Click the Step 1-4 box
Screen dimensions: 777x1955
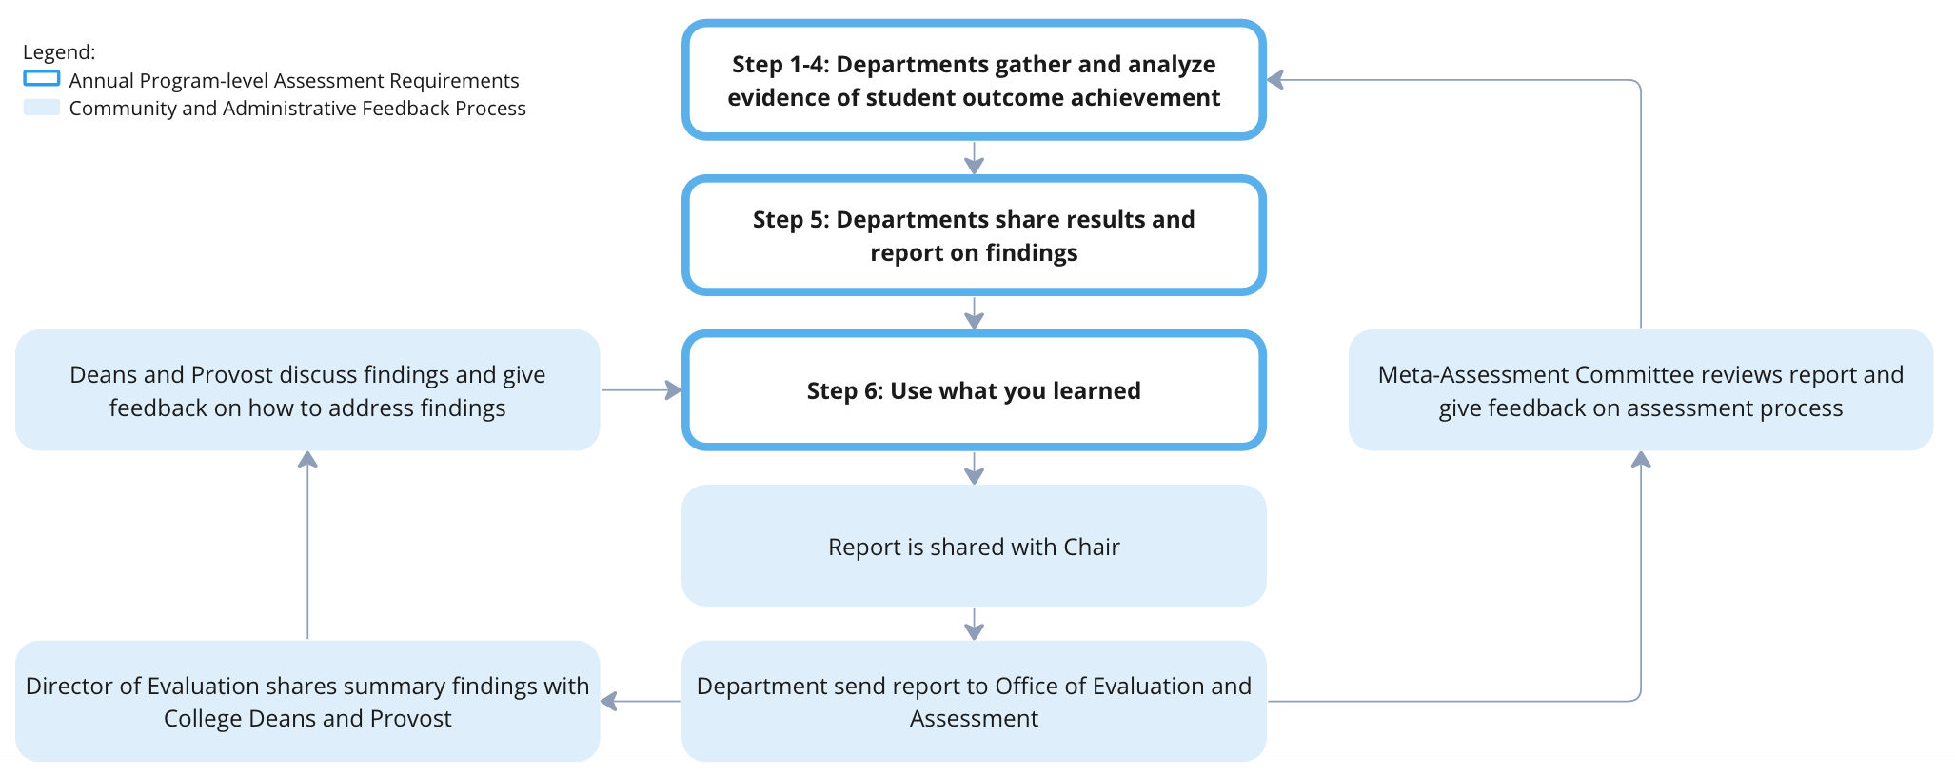(x=974, y=81)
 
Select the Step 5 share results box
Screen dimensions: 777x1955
(x=974, y=236)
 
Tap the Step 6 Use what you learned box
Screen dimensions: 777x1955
(x=974, y=390)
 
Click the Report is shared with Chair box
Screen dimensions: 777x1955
(x=974, y=547)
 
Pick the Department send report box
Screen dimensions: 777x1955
(x=974, y=702)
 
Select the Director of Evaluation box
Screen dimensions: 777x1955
(x=307, y=702)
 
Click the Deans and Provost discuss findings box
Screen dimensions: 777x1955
(x=307, y=390)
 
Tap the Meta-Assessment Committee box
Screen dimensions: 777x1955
(x=1640, y=390)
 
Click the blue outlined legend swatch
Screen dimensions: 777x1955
(x=42, y=79)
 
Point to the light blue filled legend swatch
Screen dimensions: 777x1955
(x=42, y=108)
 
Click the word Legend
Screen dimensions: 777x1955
(x=58, y=52)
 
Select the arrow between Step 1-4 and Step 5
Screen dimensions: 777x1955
(x=974, y=158)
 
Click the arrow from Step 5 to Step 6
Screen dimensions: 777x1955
(x=974, y=313)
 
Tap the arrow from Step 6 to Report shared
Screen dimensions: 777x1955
(x=974, y=468)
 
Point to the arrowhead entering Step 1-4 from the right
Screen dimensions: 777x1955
(x=1275, y=80)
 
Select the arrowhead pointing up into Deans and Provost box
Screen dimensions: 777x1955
(x=307, y=460)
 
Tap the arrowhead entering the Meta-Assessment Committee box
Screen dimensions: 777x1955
(x=1641, y=460)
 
